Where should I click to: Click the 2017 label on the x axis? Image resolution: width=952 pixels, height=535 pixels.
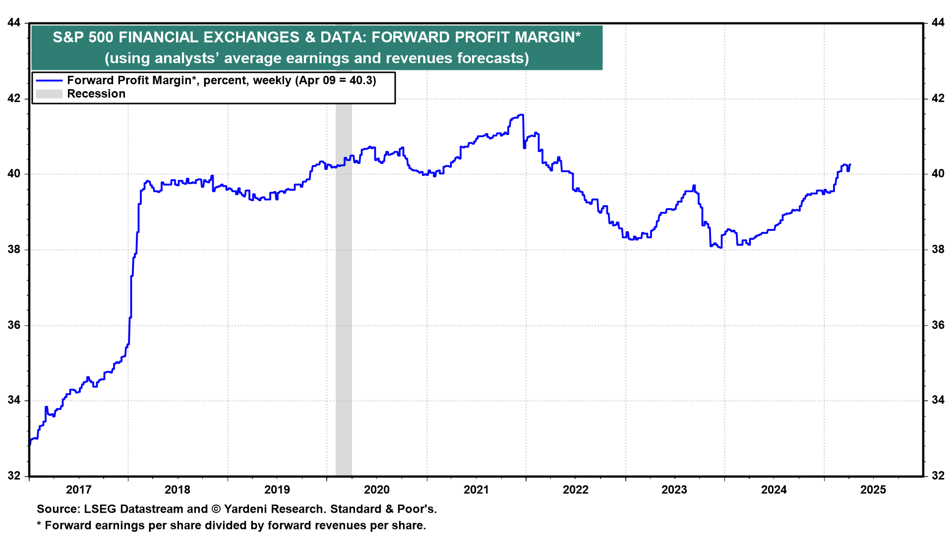tap(78, 490)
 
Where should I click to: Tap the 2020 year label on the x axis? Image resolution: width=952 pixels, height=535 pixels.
tap(377, 490)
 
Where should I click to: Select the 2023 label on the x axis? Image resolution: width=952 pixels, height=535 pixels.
tap(674, 490)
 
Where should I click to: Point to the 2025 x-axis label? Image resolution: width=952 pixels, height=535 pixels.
tap(873, 490)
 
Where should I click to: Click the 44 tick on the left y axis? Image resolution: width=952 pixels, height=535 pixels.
tap(14, 23)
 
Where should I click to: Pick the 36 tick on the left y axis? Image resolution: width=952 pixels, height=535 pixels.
tap(14, 325)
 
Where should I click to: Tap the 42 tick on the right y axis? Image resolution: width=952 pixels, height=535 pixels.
tap(938, 99)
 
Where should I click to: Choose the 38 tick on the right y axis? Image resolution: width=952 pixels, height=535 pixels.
tap(938, 250)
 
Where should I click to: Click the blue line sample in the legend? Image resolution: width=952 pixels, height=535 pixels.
tap(49, 81)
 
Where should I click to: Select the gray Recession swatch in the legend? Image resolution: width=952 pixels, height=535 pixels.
tap(49, 94)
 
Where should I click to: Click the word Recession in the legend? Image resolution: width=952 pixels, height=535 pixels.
tap(96, 94)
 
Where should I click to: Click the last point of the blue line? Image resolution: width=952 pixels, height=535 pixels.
tap(850, 164)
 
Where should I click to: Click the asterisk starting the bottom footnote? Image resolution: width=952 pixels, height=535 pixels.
tap(39, 525)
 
